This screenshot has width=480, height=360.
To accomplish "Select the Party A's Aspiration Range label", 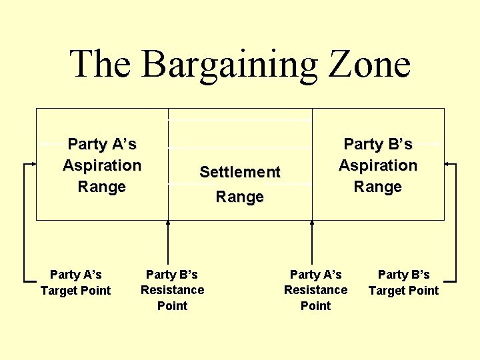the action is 102,165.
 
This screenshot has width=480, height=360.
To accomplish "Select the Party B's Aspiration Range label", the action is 378,165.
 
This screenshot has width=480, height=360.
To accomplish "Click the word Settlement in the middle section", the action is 240,172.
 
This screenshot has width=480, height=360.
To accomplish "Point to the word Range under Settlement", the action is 240,197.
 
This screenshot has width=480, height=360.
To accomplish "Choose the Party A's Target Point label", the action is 76,282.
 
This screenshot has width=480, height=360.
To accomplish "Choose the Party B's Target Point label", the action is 403,282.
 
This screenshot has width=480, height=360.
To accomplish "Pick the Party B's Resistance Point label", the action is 172,290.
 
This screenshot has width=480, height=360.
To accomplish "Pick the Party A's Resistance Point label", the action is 315,290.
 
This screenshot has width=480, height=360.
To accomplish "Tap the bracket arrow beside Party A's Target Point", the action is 25,220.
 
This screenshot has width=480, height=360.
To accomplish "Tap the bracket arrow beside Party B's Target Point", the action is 455,220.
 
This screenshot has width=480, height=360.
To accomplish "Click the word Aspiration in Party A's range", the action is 102,165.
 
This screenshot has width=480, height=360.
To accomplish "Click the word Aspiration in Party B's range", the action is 378,165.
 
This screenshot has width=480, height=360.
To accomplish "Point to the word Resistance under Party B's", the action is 172,290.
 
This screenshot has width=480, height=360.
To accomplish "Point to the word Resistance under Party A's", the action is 315,290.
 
